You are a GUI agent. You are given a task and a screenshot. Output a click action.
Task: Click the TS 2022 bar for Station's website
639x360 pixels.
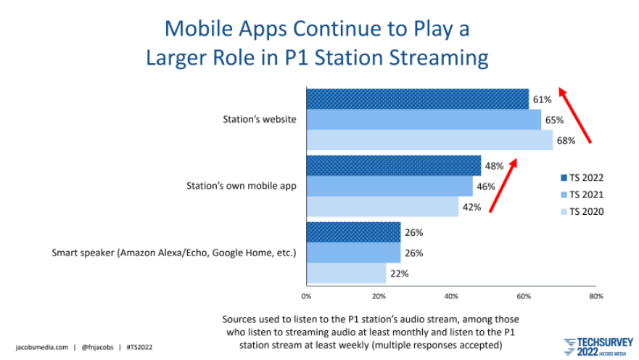(x=418, y=99)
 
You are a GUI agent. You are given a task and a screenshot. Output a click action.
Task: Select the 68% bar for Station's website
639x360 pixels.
(x=430, y=140)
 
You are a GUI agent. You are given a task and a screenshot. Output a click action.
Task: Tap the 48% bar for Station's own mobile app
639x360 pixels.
(x=394, y=165)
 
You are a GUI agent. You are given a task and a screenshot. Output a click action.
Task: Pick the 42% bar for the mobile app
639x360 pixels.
(x=383, y=207)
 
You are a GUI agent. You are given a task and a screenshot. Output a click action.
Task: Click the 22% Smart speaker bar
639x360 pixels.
(x=347, y=273)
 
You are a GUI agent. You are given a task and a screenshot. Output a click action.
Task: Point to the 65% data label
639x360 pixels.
(x=554, y=120)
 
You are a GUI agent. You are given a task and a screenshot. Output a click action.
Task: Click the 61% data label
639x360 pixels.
(x=542, y=99)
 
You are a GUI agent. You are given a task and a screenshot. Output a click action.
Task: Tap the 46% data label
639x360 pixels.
(x=486, y=187)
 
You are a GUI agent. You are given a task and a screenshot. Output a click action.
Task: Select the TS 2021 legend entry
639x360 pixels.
(x=582, y=195)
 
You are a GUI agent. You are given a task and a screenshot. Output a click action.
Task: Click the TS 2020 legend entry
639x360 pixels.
(x=582, y=212)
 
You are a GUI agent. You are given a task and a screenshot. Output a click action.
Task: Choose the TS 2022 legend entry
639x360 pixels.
(x=582, y=178)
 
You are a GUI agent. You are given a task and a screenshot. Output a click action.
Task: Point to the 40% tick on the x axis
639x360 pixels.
(x=451, y=296)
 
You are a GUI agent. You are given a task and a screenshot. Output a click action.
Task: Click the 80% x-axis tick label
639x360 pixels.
(x=595, y=296)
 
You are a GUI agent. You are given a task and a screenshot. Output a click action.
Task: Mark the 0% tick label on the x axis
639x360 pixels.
(x=307, y=296)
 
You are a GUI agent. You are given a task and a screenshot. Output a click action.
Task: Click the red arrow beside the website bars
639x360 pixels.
(x=574, y=115)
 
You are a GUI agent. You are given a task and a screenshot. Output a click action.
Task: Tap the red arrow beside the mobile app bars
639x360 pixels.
(x=503, y=185)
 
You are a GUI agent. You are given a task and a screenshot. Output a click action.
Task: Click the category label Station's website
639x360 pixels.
(x=259, y=120)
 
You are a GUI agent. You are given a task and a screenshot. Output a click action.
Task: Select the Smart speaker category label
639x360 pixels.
(x=173, y=253)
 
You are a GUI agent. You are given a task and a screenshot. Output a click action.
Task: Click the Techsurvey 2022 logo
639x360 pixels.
(x=598, y=347)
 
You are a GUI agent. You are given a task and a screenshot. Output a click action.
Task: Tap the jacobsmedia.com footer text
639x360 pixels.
(x=42, y=348)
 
